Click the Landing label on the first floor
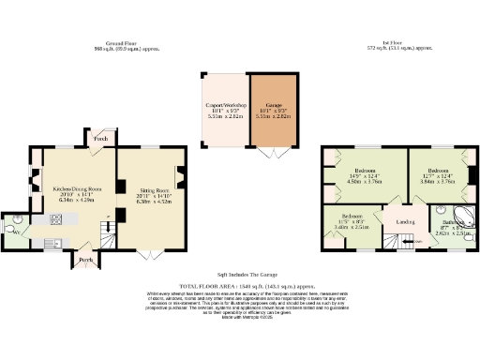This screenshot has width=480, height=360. pos(406,222)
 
